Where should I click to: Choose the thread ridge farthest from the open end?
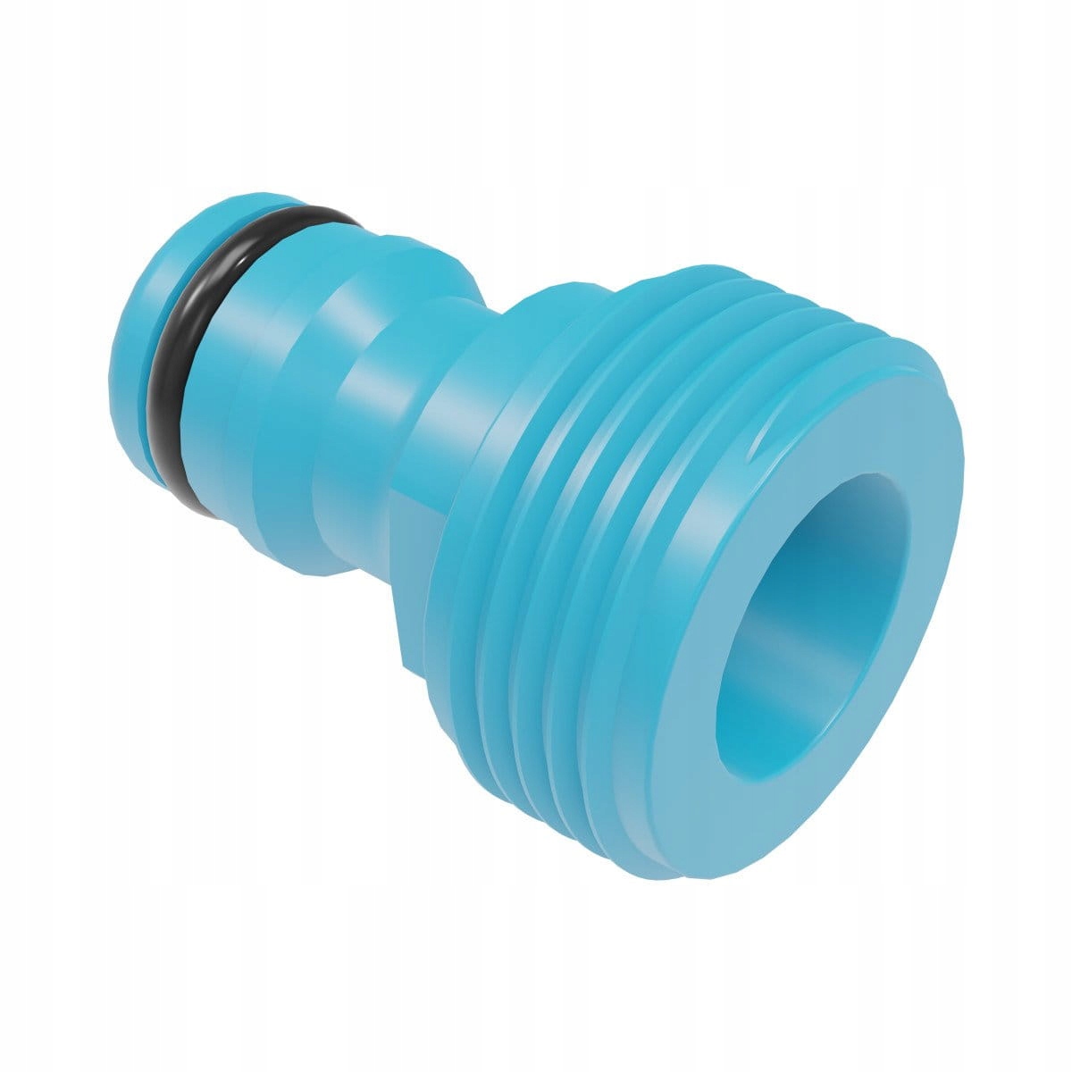[465, 554]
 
